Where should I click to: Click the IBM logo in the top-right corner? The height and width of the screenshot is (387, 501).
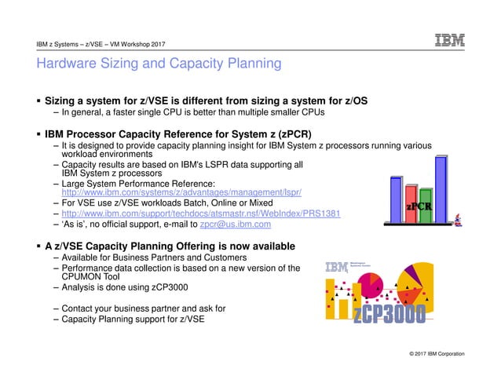tap(450, 41)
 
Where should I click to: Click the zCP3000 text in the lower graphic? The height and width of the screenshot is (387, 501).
tap(389, 314)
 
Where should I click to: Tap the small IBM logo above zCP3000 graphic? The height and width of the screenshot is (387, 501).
tap(336, 268)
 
